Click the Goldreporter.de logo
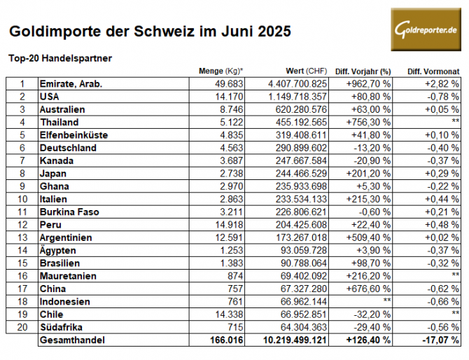(426, 29)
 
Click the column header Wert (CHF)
(307, 71)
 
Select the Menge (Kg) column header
(221, 71)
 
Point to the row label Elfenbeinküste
(74, 134)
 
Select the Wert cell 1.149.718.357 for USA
(298, 96)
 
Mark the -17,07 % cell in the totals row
(438, 340)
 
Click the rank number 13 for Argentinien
(22, 237)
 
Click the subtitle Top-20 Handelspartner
(60, 58)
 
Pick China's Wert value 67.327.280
(303, 289)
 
